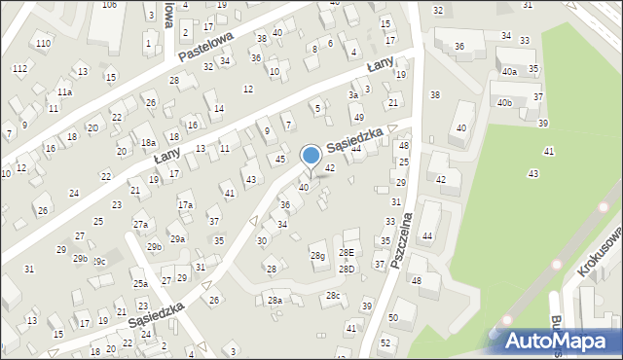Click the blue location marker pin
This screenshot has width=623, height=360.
tap(311, 157)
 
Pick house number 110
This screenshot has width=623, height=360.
tap(43, 44)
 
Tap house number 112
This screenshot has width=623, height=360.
tap(20, 68)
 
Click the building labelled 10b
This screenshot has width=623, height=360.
tap(110, 5)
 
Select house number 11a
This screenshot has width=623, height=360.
tap(64, 91)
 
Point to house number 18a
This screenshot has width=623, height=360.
tap(148, 143)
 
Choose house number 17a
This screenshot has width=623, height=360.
tap(185, 205)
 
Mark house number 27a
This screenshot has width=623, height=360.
tap(141, 225)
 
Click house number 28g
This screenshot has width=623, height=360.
tap(317, 256)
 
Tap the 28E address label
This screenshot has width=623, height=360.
tap(347, 253)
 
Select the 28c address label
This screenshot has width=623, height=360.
tap(333, 295)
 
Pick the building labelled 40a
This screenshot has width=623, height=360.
tap(509, 71)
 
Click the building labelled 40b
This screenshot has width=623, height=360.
tap(504, 102)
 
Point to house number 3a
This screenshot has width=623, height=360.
tap(353, 95)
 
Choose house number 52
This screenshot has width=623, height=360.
tap(386, 342)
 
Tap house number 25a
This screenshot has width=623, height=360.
tap(141, 283)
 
